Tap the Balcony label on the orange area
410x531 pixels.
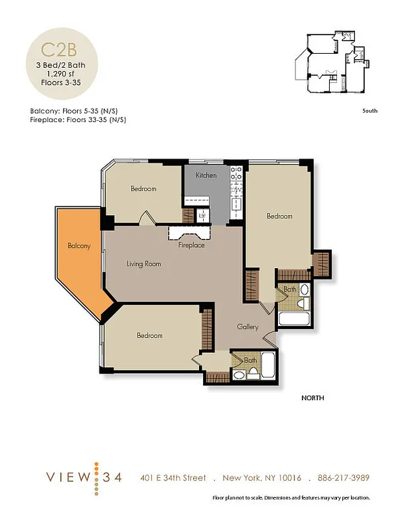(78, 246)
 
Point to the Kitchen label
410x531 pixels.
(206, 175)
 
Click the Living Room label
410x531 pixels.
(144, 264)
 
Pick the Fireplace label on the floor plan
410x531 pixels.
(191, 246)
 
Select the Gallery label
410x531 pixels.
(247, 327)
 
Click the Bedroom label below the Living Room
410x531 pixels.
(149, 335)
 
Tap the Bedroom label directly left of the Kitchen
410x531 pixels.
(143, 189)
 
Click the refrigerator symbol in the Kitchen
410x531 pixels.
(203, 215)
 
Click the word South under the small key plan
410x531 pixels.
(370, 111)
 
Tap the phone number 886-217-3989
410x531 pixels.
(343, 478)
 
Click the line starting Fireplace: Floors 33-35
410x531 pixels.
(78, 120)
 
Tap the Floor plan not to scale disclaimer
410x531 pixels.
(291, 498)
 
